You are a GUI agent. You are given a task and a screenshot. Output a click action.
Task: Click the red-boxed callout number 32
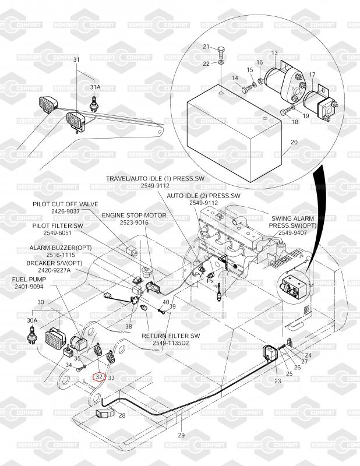pos(99,377)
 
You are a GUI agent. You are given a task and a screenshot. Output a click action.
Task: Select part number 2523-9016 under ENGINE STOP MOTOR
pos(134,223)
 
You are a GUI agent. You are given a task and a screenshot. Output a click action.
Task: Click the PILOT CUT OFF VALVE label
pos(65,204)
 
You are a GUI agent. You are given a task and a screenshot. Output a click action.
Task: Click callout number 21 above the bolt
pos(206,47)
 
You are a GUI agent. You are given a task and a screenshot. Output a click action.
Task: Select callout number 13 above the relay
pos(275,53)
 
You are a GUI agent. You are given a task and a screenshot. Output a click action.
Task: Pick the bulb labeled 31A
pos(91,105)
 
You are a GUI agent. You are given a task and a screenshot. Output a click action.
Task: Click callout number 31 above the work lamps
pos(76,60)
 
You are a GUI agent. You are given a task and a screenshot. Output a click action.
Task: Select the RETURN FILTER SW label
pos(171,336)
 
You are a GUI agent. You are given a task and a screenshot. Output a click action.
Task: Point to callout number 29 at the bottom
pos(181,436)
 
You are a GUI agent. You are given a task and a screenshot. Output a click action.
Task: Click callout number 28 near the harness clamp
pos(122,416)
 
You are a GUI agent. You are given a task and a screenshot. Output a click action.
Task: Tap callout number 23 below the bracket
pos(277,381)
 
